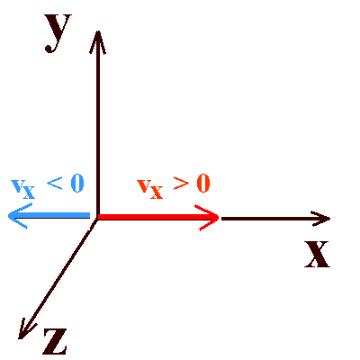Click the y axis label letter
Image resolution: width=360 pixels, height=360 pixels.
pyautogui.click(x=58, y=33)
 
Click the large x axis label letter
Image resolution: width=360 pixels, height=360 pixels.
pyautogui.click(x=317, y=254)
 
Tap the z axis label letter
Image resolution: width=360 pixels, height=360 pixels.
pyautogui.click(x=55, y=341)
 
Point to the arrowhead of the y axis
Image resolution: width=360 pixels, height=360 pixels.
pyautogui.click(x=97, y=42)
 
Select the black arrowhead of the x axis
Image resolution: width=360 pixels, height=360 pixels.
pyautogui.click(x=320, y=219)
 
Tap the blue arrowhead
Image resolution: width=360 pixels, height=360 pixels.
pyautogui.click(x=19, y=216)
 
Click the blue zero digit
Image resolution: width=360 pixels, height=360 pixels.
pyautogui.click(x=77, y=184)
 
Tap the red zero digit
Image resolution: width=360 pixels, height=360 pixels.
pyautogui.click(x=203, y=184)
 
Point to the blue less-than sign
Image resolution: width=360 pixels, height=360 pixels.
pyautogui.click(x=55, y=183)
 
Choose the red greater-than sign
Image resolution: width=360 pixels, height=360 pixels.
pyautogui.click(x=181, y=183)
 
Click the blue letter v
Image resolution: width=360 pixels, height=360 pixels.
pyautogui.click(x=17, y=186)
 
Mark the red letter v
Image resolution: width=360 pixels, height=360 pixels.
pyautogui.click(x=144, y=186)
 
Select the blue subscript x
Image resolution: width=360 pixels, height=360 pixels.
pyautogui.click(x=29, y=192)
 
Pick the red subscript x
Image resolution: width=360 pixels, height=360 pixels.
pyautogui.click(x=156, y=192)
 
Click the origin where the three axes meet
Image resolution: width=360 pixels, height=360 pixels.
pyautogui.click(x=97, y=218)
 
